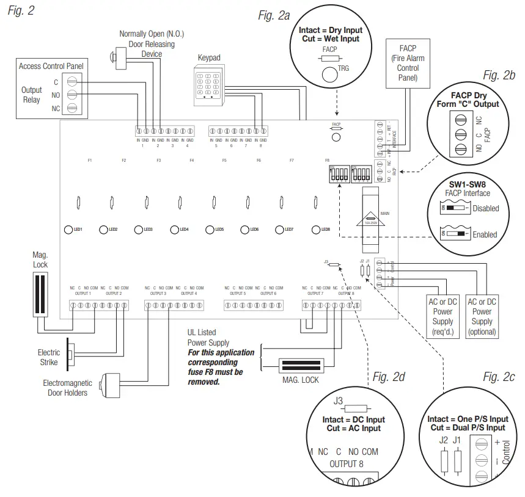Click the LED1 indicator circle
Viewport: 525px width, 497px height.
click(68, 230)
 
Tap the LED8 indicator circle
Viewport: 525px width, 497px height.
click(316, 230)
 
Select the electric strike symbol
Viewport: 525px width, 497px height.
click(71, 355)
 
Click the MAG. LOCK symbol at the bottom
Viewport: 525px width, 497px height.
click(306, 366)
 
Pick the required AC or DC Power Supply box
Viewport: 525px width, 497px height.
click(443, 316)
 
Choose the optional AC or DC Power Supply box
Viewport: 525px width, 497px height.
click(482, 316)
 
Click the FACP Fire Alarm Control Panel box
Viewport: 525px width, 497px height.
click(408, 63)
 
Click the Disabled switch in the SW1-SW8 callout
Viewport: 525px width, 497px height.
click(455, 208)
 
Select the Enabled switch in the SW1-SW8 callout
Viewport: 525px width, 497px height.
click(455, 234)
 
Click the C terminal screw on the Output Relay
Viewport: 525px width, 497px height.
click(72, 81)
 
